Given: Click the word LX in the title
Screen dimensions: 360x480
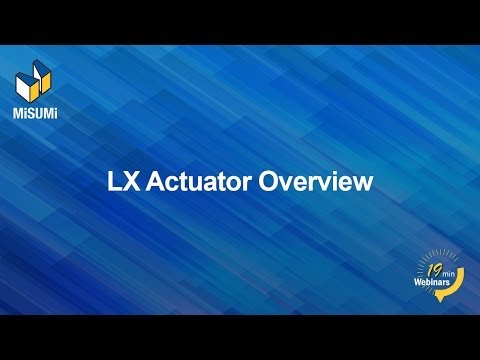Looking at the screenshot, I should (x=122, y=183).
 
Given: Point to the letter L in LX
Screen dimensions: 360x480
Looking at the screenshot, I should (x=114, y=183).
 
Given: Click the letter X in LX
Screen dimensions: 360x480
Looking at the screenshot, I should (x=129, y=183).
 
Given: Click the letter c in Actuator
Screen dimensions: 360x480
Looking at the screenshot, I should (x=168, y=184).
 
